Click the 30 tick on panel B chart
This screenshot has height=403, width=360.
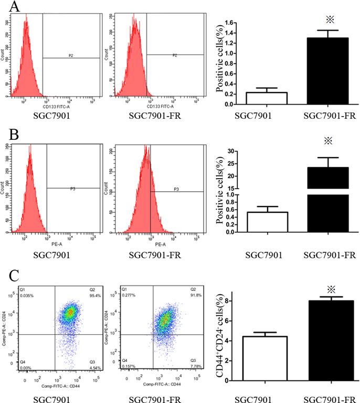point(229,151)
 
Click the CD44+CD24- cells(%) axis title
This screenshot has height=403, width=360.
point(221,336)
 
